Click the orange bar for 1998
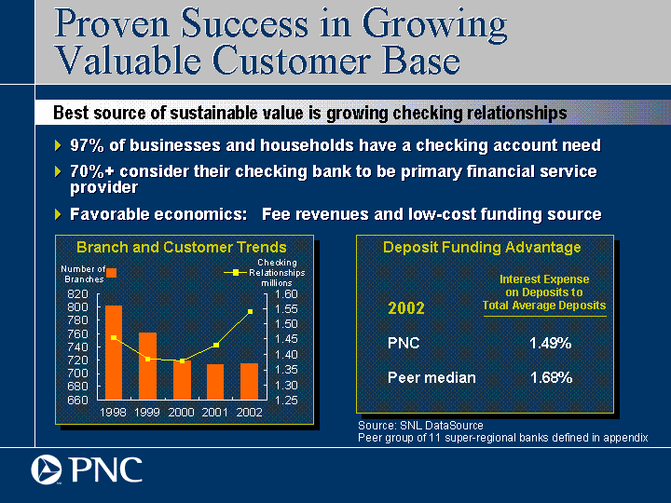(114, 352)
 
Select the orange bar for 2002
(249, 382)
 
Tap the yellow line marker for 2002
(251, 312)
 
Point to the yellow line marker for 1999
(147, 359)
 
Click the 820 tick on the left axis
(77, 293)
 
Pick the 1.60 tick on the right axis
(286, 293)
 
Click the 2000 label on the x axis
(181, 413)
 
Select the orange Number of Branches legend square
(111, 273)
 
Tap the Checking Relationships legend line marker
(236, 272)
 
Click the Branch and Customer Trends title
(182, 247)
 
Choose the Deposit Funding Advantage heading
(482, 247)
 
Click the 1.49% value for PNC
(551, 343)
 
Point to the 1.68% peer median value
(551, 377)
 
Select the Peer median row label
(431, 377)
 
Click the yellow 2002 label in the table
(406, 308)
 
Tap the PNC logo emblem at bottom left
(47, 469)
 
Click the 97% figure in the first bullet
(87, 145)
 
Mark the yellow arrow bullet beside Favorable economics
(58, 214)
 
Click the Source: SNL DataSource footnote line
(420, 426)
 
